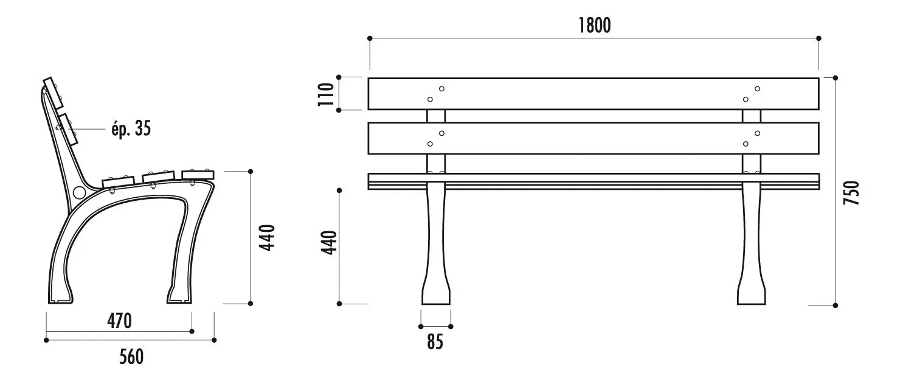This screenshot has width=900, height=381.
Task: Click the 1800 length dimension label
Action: click(x=594, y=25)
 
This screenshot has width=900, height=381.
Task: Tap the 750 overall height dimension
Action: click(x=851, y=193)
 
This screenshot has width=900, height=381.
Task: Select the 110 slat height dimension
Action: click(x=326, y=94)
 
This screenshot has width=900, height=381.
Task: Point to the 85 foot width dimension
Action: click(x=435, y=342)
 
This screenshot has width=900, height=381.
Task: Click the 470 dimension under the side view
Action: click(x=119, y=321)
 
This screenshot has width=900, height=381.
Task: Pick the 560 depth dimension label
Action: click(x=131, y=357)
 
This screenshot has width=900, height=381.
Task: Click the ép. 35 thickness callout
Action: click(x=131, y=128)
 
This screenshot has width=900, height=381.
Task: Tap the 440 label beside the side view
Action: click(x=267, y=238)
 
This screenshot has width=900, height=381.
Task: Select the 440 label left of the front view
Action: click(x=328, y=243)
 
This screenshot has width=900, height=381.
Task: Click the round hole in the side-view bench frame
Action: click(x=79, y=192)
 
